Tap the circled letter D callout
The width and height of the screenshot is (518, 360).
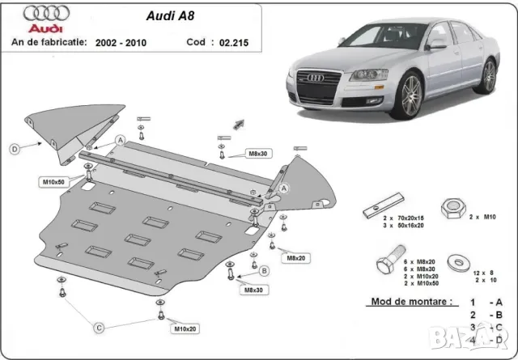pyautogui.click(x=15, y=148)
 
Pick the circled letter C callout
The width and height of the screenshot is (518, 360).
pyautogui.click(x=99, y=328)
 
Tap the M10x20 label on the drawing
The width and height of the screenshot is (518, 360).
pyautogui.click(x=185, y=329)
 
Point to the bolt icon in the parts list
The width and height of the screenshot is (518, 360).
pyautogui.click(x=385, y=265)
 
